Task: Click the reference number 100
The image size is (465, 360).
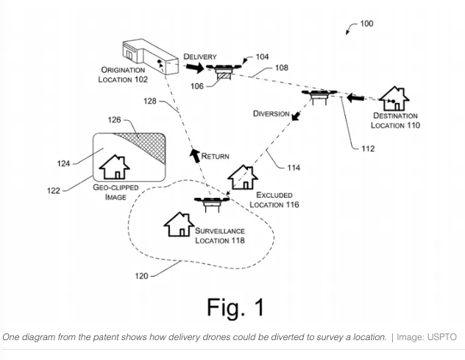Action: tap(366, 24)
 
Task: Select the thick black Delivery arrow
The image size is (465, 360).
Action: tap(194, 68)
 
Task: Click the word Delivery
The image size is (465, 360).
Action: tap(200, 57)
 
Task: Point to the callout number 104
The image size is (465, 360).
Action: tap(262, 57)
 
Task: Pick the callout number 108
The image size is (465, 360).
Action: tap(281, 68)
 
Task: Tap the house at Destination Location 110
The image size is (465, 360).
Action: tap(394, 99)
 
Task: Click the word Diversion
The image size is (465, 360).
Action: tap(271, 113)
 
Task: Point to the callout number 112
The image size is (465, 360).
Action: tap(368, 149)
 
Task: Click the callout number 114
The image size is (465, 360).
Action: tap(293, 168)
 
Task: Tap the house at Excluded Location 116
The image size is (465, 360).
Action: tap(242, 177)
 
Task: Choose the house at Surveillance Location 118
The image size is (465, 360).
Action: tap(179, 224)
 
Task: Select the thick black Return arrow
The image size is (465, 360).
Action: tap(194, 155)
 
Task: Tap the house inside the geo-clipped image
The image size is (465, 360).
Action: tap(114, 166)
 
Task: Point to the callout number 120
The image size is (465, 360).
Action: tap(141, 276)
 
